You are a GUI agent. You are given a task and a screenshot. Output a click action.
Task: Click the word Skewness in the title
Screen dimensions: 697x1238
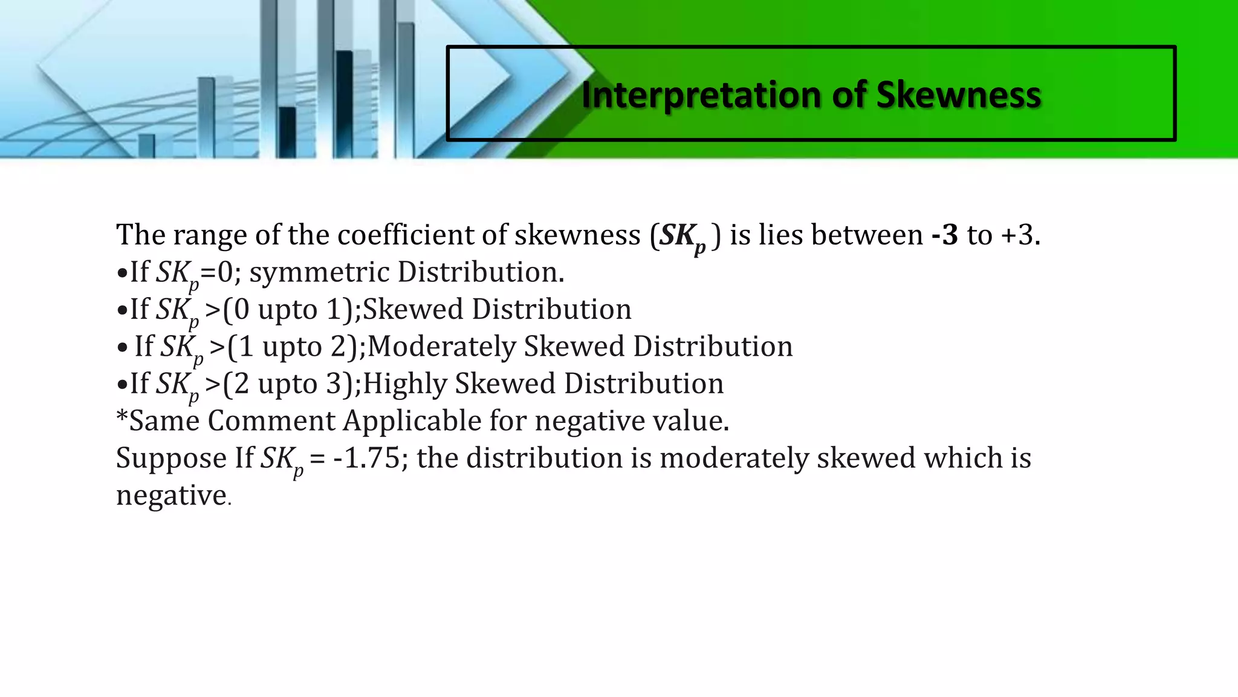click(x=959, y=95)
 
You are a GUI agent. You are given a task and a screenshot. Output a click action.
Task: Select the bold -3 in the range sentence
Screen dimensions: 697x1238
click(x=945, y=235)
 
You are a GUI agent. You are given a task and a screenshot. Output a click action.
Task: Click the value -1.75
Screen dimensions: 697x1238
click(x=366, y=458)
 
